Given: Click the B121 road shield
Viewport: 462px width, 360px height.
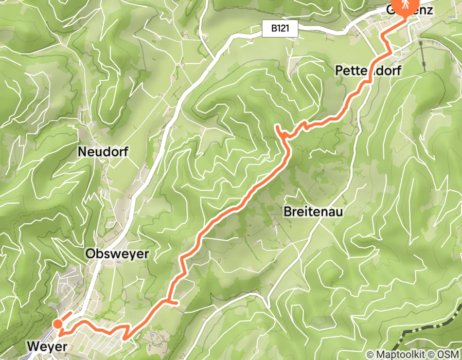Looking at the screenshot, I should click(x=280, y=29).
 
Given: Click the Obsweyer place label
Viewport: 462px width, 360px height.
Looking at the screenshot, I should click(x=117, y=254).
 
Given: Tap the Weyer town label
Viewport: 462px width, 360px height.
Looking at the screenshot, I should click(x=45, y=347).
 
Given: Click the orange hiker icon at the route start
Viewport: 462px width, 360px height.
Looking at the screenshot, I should click(x=402, y=6).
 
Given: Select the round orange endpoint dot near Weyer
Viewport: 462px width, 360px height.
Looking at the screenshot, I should click(x=58, y=323).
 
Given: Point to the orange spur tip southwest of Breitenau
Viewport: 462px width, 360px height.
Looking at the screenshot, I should click(x=177, y=303).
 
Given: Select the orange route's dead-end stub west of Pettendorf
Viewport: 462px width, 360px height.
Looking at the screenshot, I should click(x=277, y=126).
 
